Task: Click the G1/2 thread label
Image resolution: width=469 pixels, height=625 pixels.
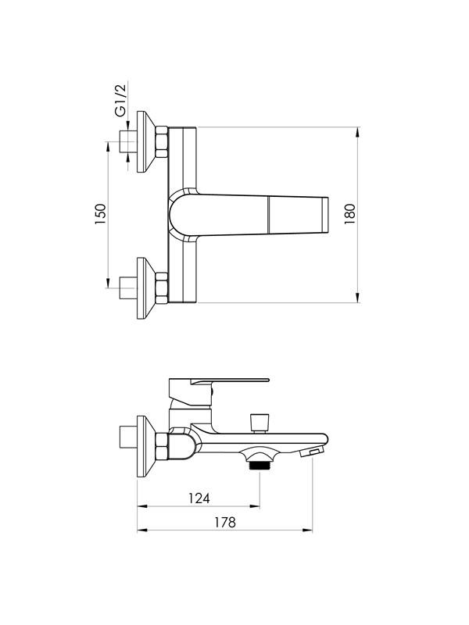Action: click(x=120, y=99)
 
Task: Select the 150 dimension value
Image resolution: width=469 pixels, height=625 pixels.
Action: click(x=101, y=214)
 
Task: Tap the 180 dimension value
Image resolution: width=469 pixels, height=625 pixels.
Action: click(x=349, y=214)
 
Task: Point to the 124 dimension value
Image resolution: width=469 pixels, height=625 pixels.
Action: click(x=199, y=498)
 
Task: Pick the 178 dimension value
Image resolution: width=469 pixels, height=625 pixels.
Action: click(x=225, y=522)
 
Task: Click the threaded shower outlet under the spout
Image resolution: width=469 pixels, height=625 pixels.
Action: click(x=260, y=464)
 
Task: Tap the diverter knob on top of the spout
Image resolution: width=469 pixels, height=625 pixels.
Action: click(x=260, y=423)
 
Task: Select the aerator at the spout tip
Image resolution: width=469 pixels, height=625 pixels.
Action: click(x=313, y=452)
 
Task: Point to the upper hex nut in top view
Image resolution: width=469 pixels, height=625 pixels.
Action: click(x=162, y=142)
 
